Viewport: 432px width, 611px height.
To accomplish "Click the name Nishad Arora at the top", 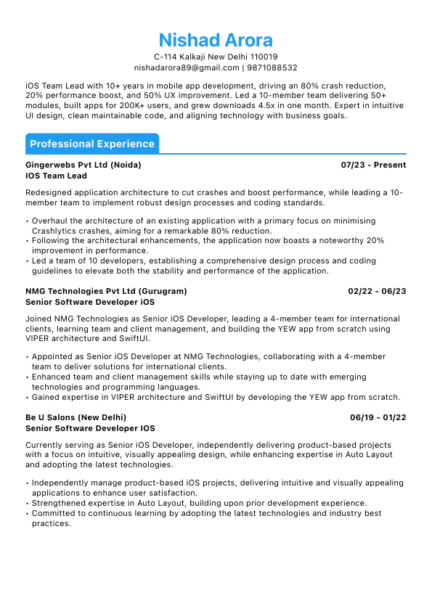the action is [x=216, y=39].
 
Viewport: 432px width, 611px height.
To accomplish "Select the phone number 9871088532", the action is [x=272, y=67].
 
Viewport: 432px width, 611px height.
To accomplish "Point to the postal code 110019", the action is [x=264, y=57].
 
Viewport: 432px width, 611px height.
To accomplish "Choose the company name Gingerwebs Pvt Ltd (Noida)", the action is [x=83, y=165].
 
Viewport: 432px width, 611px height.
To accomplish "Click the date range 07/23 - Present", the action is [x=373, y=165].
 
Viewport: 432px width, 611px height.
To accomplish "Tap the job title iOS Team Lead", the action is [x=56, y=176].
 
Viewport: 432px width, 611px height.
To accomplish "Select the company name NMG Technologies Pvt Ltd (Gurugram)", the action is [x=106, y=291].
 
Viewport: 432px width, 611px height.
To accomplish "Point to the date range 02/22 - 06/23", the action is [x=377, y=291].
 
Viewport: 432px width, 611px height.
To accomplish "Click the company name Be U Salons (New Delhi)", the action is [x=76, y=417].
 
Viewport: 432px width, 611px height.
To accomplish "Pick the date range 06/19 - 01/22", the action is [x=378, y=417].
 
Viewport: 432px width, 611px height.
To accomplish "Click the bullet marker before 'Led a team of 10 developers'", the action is [x=27, y=261].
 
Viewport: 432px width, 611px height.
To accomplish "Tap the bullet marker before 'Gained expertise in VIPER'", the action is [x=27, y=397].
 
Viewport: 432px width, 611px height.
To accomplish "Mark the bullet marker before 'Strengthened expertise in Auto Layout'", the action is [x=27, y=503].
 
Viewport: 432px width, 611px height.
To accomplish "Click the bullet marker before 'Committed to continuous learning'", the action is [x=27, y=513].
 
